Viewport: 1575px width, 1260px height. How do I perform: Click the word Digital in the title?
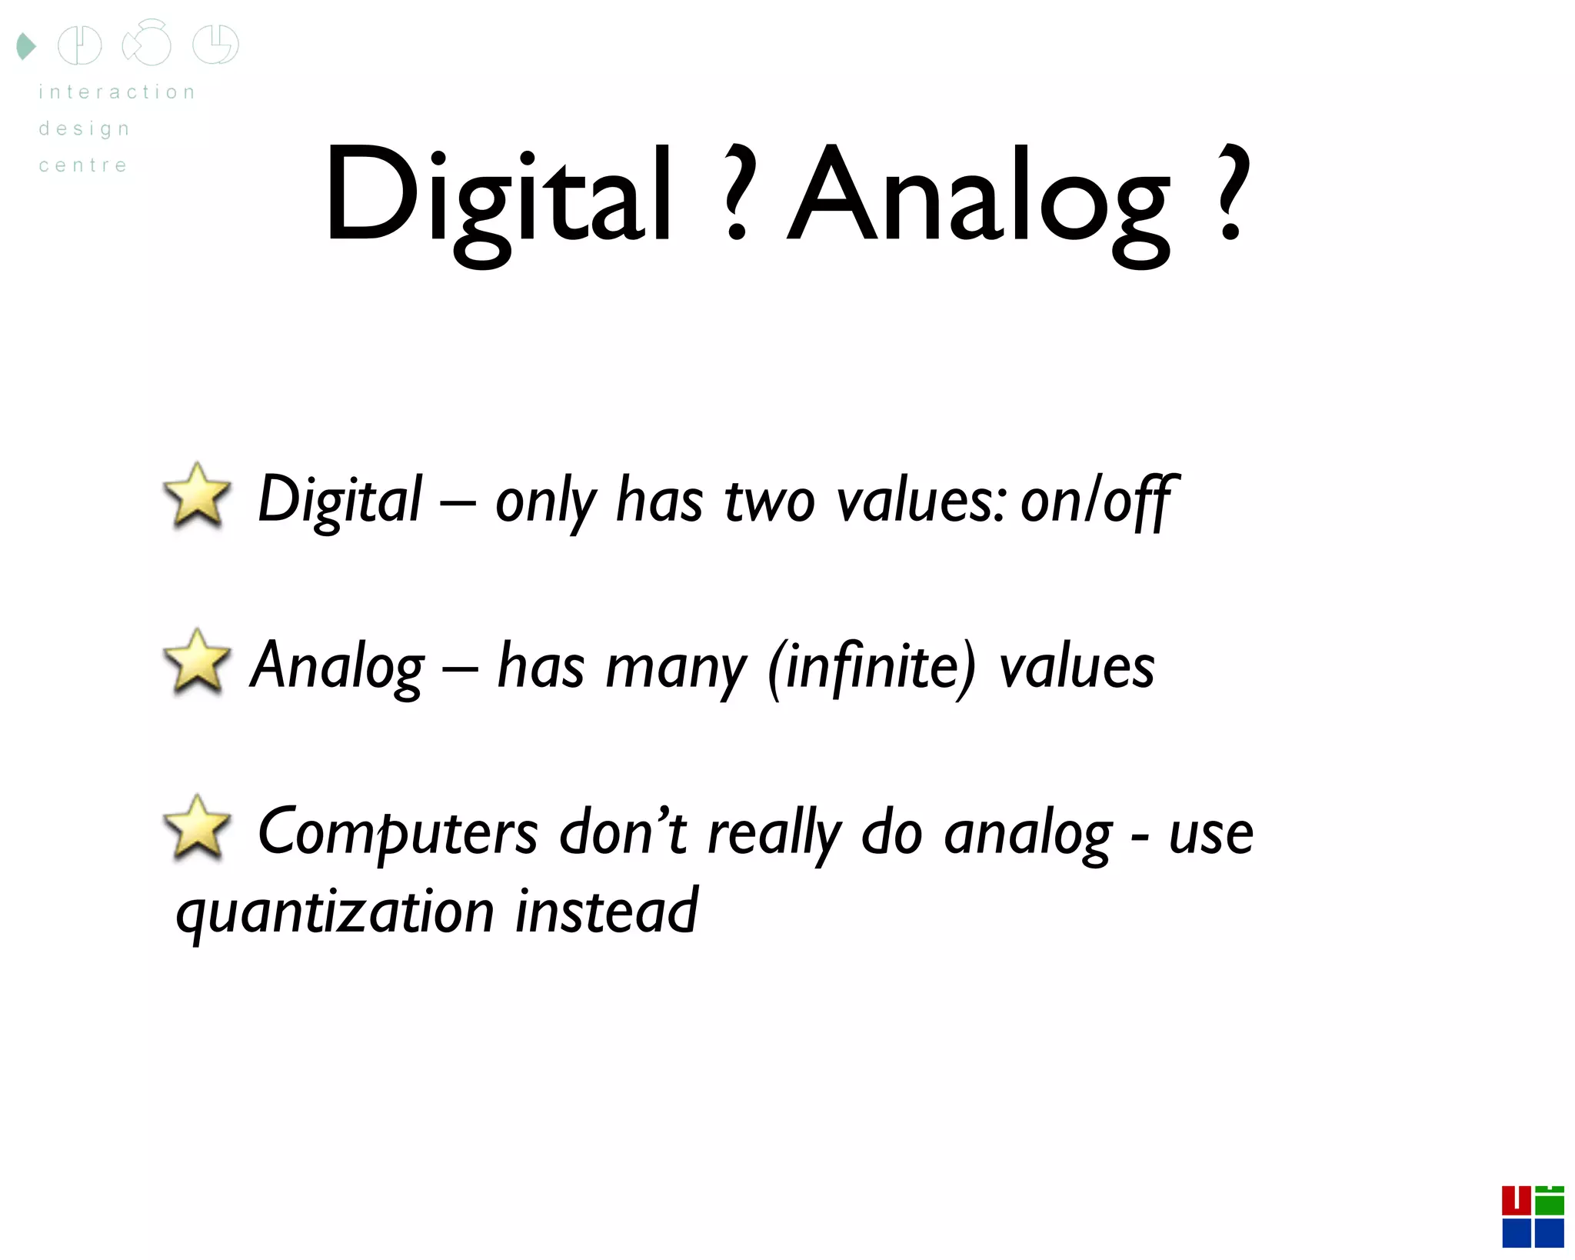(x=498, y=196)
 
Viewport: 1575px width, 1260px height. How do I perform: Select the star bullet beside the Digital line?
(x=197, y=496)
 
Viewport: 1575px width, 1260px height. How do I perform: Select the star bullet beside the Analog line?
(x=197, y=662)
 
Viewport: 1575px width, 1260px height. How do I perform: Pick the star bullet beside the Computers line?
(x=197, y=828)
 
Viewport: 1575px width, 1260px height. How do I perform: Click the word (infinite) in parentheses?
(x=872, y=666)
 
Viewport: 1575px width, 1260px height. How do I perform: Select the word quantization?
(x=335, y=913)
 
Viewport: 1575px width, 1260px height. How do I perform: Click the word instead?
(x=607, y=912)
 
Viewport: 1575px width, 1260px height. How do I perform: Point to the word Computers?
(x=398, y=833)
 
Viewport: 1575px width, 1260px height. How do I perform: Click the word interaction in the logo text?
(x=117, y=92)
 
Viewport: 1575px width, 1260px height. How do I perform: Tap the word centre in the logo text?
(x=83, y=165)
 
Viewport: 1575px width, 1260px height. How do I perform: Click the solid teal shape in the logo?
(x=26, y=46)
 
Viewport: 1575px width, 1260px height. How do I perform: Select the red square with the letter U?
(x=1516, y=1200)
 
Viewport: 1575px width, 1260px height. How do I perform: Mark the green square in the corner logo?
(x=1549, y=1202)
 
